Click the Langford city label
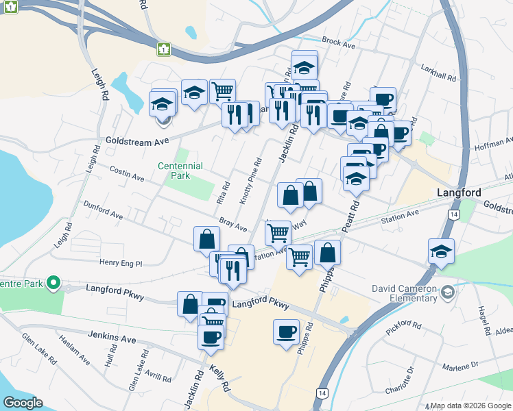pyautogui.click(x=459, y=193)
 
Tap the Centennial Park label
pyautogui.click(x=180, y=171)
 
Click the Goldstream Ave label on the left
pyautogui.click(x=136, y=140)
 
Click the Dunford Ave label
pyautogui.click(x=103, y=210)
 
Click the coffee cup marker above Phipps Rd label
pyautogui.click(x=286, y=333)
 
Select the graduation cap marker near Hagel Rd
pyautogui.click(x=441, y=252)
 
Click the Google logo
pyautogui.click(x=22, y=403)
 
